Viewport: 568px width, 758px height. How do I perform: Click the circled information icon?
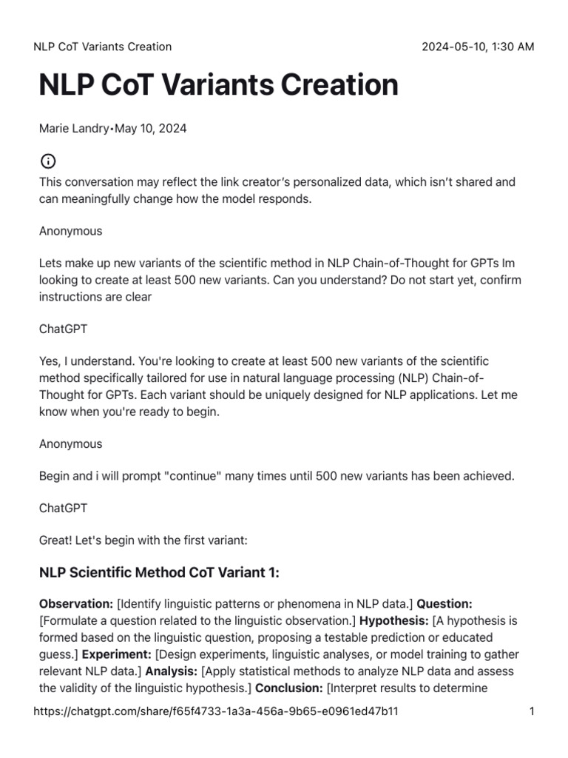click(47, 161)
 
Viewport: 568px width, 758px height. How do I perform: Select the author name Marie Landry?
click(72, 129)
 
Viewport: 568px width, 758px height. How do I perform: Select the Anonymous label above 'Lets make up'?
click(70, 231)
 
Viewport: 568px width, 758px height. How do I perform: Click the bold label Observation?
click(76, 605)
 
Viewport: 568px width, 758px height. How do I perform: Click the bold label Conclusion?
click(289, 688)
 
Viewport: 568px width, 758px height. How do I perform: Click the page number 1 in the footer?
click(531, 712)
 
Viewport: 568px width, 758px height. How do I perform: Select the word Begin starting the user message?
click(55, 476)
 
